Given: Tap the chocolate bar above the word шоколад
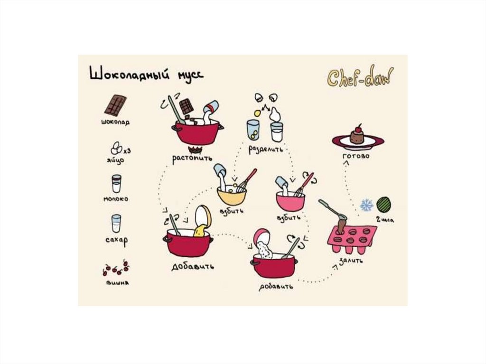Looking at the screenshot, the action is [115, 105].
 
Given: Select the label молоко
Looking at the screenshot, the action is [116, 199].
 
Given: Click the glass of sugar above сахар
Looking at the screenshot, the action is [116, 223].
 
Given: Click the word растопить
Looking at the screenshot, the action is [193, 158].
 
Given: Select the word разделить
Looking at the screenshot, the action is [266, 149].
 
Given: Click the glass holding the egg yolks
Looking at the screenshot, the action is [253, 130].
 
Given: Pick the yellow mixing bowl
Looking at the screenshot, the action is [232, 196].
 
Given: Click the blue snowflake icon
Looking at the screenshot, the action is [367, 205].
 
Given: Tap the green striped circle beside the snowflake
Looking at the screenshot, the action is [383, 205].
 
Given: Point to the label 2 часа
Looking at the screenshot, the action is [385, 220].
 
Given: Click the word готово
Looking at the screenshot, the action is [356, 156].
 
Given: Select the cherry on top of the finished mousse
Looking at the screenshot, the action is [359, 129].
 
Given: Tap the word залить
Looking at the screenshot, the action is [351, 261].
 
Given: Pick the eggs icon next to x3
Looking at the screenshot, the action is [117, 148].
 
